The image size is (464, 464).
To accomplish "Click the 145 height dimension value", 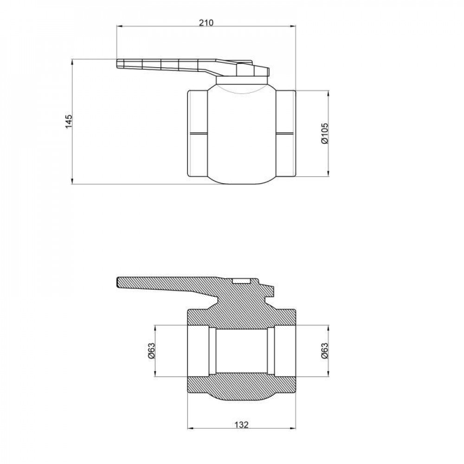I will (68, 121).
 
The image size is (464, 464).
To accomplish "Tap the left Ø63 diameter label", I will (151, 350).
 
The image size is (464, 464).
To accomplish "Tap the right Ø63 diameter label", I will (324, 350).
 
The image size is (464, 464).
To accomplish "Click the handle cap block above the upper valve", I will (253, 70).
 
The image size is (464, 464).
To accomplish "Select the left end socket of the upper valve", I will (197, 133).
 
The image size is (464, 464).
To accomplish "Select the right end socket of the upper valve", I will (285, 133).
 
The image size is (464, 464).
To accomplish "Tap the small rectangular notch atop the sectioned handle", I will (240, 281).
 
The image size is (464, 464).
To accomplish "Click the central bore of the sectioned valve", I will (240, 350).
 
